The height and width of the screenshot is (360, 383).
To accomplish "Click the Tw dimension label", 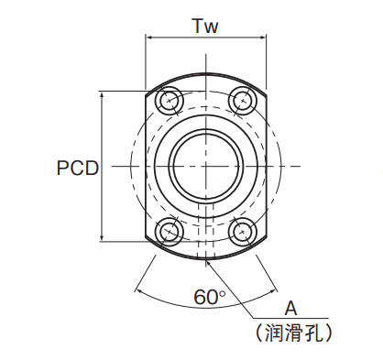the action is tap(205, 26).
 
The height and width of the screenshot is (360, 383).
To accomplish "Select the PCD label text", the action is tap(78, 168).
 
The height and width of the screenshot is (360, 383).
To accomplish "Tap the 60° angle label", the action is tap(210, 297).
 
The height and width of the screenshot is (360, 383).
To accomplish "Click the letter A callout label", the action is tap(290, 308).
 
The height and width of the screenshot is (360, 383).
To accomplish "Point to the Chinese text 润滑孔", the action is tap(294, 333).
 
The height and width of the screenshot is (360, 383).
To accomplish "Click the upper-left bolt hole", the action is tap(169, 101).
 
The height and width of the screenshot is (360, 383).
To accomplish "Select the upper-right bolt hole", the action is tap(243, 101).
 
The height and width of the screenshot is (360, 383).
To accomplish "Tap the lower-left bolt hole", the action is tap(169, 233).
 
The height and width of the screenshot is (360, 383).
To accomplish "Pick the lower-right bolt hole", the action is tap(243, 233).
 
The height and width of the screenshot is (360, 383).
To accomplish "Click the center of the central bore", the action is tap(206, 167).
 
